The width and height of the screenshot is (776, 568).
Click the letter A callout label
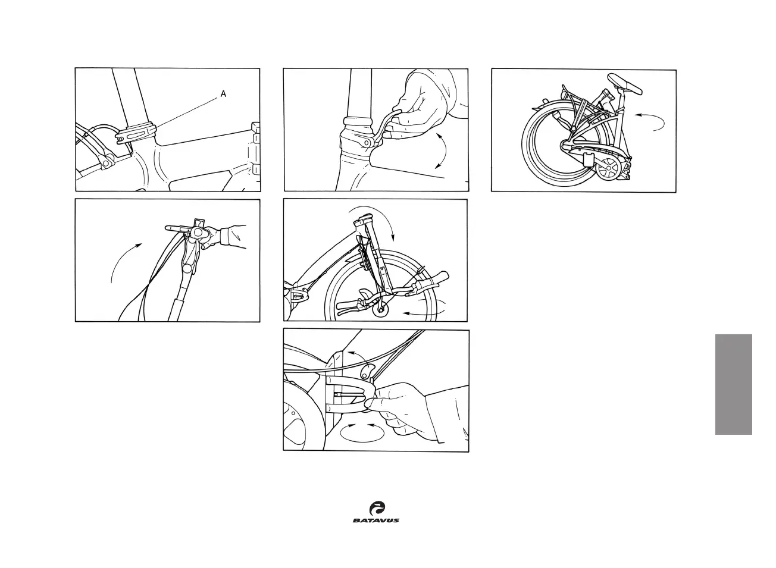coord(223,93)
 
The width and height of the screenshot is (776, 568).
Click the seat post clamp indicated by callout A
coord(138,132)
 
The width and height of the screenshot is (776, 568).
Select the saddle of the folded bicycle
coord(627,86)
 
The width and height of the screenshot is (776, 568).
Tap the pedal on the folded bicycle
coord(588,160)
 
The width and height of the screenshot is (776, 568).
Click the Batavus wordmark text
coord(376,520)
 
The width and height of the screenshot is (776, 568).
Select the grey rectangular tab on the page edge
coord(733,384)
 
